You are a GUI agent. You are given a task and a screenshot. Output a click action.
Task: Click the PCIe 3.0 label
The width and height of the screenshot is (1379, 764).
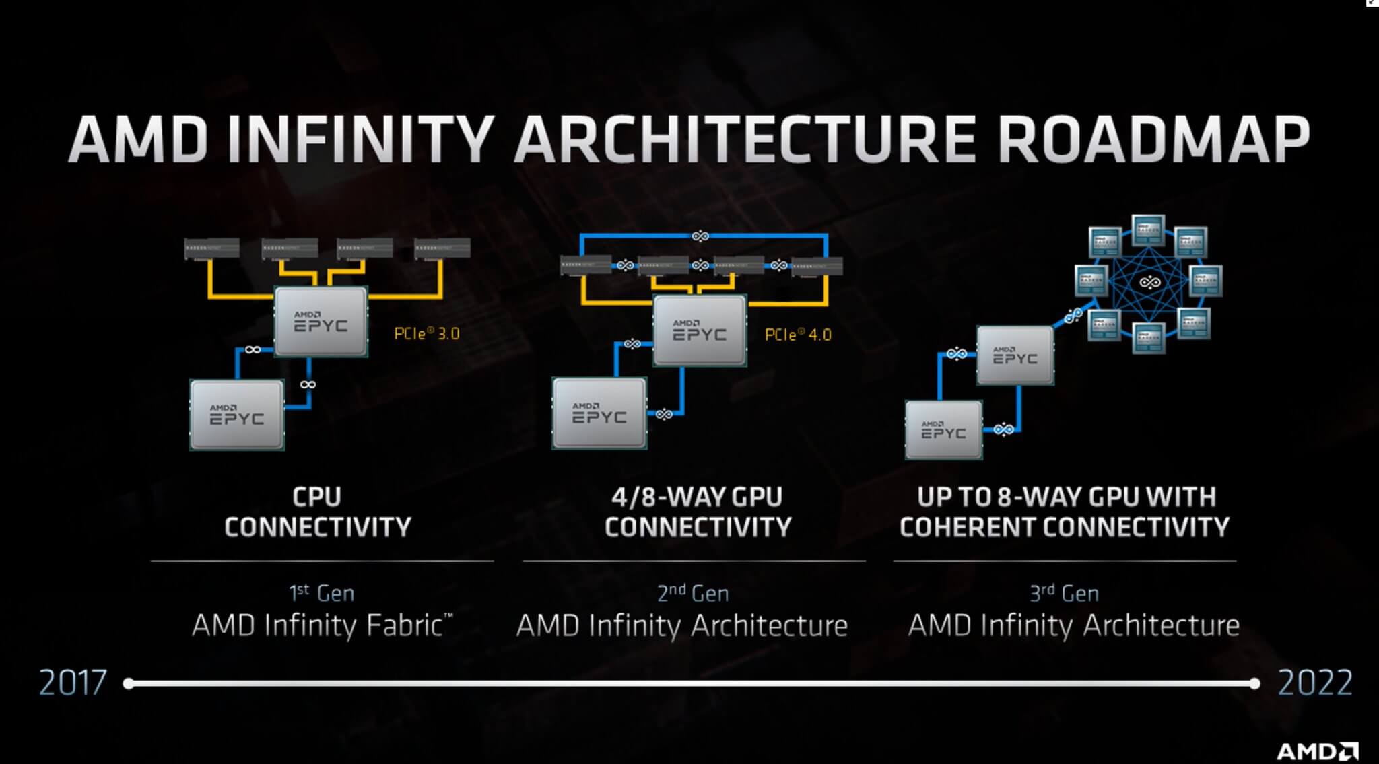click(x=427, y=334)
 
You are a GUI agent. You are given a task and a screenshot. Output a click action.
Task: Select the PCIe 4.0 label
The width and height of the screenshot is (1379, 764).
click(x=798, y=335)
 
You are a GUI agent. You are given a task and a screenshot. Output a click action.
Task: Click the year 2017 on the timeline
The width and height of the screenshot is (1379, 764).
click(x=73, y=683)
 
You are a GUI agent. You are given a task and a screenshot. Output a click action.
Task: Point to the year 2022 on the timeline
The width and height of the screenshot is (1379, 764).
click(x=1315, y=683)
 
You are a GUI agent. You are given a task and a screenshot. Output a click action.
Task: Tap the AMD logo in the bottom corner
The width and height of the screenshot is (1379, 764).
click(x=1317, y=751)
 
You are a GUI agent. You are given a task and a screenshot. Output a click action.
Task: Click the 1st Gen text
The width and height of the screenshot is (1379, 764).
click(x=321, y=593)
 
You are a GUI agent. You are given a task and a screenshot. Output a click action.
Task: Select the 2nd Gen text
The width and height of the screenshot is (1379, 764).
click(x=693, y=593)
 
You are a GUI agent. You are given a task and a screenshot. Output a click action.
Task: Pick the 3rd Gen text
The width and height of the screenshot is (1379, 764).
click(x=1064, y=593)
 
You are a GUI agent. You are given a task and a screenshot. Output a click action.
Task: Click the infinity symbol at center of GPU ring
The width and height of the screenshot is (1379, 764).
click(x=1149, y=282)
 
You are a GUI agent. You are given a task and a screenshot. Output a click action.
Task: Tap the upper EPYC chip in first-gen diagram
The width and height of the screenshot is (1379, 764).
click(x=321, y=322)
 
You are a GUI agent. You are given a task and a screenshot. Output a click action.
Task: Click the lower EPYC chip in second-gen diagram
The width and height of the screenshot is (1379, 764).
click(x=599, y=413)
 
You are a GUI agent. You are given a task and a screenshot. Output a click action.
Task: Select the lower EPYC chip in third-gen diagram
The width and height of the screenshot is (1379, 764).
click(x=943, y=429)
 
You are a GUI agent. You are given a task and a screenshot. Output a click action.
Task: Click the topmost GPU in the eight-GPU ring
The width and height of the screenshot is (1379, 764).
click(x=1148, y=230)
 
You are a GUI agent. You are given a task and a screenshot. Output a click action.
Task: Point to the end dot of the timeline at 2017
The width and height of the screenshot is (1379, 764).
click(x=129, y=684)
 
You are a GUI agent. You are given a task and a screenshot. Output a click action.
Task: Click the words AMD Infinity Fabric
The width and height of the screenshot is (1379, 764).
click(x=322, y=625)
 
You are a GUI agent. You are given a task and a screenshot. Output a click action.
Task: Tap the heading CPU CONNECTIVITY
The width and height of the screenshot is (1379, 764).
click(x=317, y=512)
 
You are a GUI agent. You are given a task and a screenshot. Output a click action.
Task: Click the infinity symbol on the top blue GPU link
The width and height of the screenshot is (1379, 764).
click(x=700, y=236)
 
